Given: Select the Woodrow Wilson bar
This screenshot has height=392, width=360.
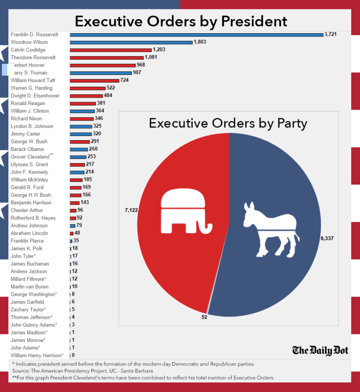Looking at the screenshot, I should (131, 42).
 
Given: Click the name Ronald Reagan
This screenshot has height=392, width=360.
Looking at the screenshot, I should (28, 103).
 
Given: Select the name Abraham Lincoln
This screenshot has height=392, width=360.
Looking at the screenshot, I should (29, 233).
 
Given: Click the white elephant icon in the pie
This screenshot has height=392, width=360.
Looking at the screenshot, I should (183, 211).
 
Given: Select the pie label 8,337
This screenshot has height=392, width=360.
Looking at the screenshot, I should (327, 239).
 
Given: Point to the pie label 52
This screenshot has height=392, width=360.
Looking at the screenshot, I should (204, 317).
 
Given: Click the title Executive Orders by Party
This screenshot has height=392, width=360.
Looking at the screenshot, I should (228, 123).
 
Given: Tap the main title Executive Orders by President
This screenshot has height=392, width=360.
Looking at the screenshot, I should (181, 21).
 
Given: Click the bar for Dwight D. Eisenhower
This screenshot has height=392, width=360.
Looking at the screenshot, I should (86, 96).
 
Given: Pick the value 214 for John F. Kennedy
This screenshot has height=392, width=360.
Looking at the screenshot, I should (90, 172).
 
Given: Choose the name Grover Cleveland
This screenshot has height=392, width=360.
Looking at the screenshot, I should (30, 157).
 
